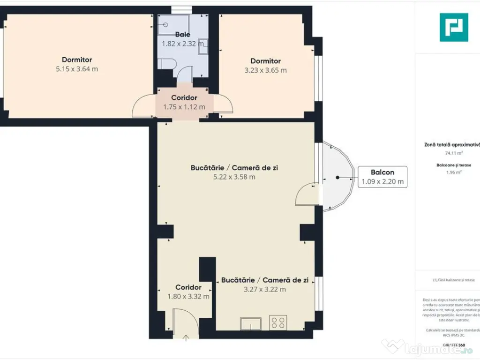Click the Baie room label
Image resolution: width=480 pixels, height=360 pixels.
click(x=182, y=34)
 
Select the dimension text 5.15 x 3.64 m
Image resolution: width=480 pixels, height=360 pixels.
click(x=77, y=69)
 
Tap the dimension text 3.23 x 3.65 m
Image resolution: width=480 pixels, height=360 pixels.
click(x=265, y=70)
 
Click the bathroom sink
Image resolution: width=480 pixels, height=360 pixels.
click(x=202, y=46)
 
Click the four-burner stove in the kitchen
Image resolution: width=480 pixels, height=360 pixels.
click(x=277, y=322)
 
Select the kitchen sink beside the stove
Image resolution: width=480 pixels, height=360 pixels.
click(x=251, y=323)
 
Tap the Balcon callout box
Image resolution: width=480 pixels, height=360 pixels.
click(x=382, y=177)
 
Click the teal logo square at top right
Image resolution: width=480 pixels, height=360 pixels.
click(x=453, y=27)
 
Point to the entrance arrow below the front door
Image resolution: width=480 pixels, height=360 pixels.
click(x=186, y=337)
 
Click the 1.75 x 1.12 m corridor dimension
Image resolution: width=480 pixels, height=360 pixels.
click(x=184, y=107)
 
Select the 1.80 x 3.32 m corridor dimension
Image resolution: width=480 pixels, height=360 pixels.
click(x=188, y=296)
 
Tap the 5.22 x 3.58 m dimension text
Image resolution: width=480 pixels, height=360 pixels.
click(x=234, y=177)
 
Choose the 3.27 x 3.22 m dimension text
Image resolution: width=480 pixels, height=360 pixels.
click(x=264, y=289)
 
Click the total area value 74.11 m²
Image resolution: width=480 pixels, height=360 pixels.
click(x=453, y=153)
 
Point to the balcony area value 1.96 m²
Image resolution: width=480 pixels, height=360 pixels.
click(x=453, y=172)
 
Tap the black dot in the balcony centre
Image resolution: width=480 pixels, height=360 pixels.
click(x=337, y=178)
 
